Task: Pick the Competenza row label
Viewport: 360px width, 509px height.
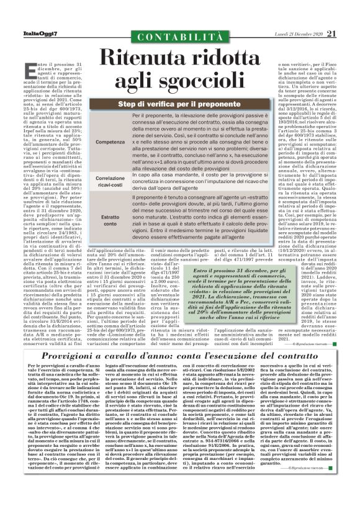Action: coord(109,142)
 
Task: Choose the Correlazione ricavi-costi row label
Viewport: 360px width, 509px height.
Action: coord(109,181)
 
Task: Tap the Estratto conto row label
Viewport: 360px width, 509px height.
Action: coord(109,220)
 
